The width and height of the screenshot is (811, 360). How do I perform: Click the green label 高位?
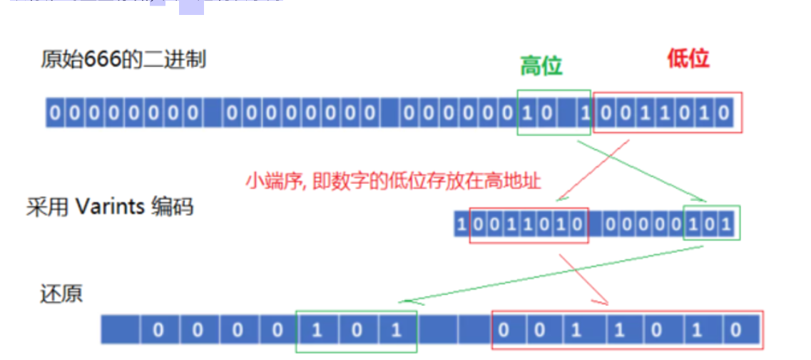coord(541,66)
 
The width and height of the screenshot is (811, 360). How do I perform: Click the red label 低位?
coord(688,58)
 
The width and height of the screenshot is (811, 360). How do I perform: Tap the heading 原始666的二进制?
coord(123,59)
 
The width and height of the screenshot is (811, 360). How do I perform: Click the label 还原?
coord(61,294)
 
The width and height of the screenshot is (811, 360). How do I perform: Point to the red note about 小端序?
coord(393,180)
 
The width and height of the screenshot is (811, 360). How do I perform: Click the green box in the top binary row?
coord(554,113)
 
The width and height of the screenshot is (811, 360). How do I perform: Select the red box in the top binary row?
coord(667,113)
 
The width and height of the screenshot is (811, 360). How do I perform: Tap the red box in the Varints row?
coord(529,225)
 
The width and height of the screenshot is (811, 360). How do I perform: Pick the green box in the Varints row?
coord(711,224)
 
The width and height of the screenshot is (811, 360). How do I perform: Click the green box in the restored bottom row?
coord(356,330)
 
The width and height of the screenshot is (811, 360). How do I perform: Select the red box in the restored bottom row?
coord(627,330)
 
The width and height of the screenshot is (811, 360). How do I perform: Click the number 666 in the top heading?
coord(100,59)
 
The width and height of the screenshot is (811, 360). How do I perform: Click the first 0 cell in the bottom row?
coord(158,330)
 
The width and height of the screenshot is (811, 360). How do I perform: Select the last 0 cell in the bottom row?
coord(735,330)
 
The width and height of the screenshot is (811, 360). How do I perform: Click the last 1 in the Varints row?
coord(726,225)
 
